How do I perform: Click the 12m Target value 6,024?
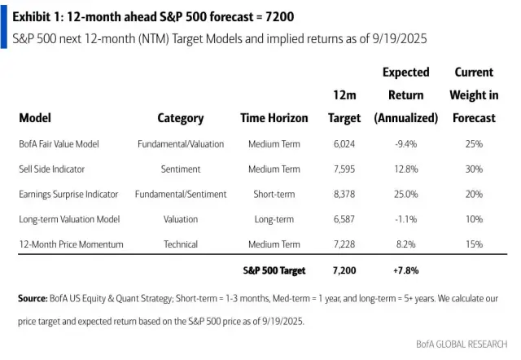pos(344,144)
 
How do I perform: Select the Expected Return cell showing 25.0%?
pos(405,195)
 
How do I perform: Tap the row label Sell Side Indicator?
pos(51,169)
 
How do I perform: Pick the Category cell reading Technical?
pos(180,244)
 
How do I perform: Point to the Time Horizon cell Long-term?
pos(274,220)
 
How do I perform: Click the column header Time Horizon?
pos(274,118)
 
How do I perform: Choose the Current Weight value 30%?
pos(474,169)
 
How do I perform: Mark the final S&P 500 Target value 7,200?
pos(344,270)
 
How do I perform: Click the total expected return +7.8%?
pos(405,270)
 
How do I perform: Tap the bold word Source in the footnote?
pos(33,299)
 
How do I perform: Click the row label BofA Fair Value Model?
pos(59,144)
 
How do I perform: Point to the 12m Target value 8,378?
pos(344,195)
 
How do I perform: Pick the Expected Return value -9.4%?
pos(405,144)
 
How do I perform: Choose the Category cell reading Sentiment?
pos(180,169)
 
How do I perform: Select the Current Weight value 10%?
pos(474,220)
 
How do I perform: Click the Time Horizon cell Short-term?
pos(274,195)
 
